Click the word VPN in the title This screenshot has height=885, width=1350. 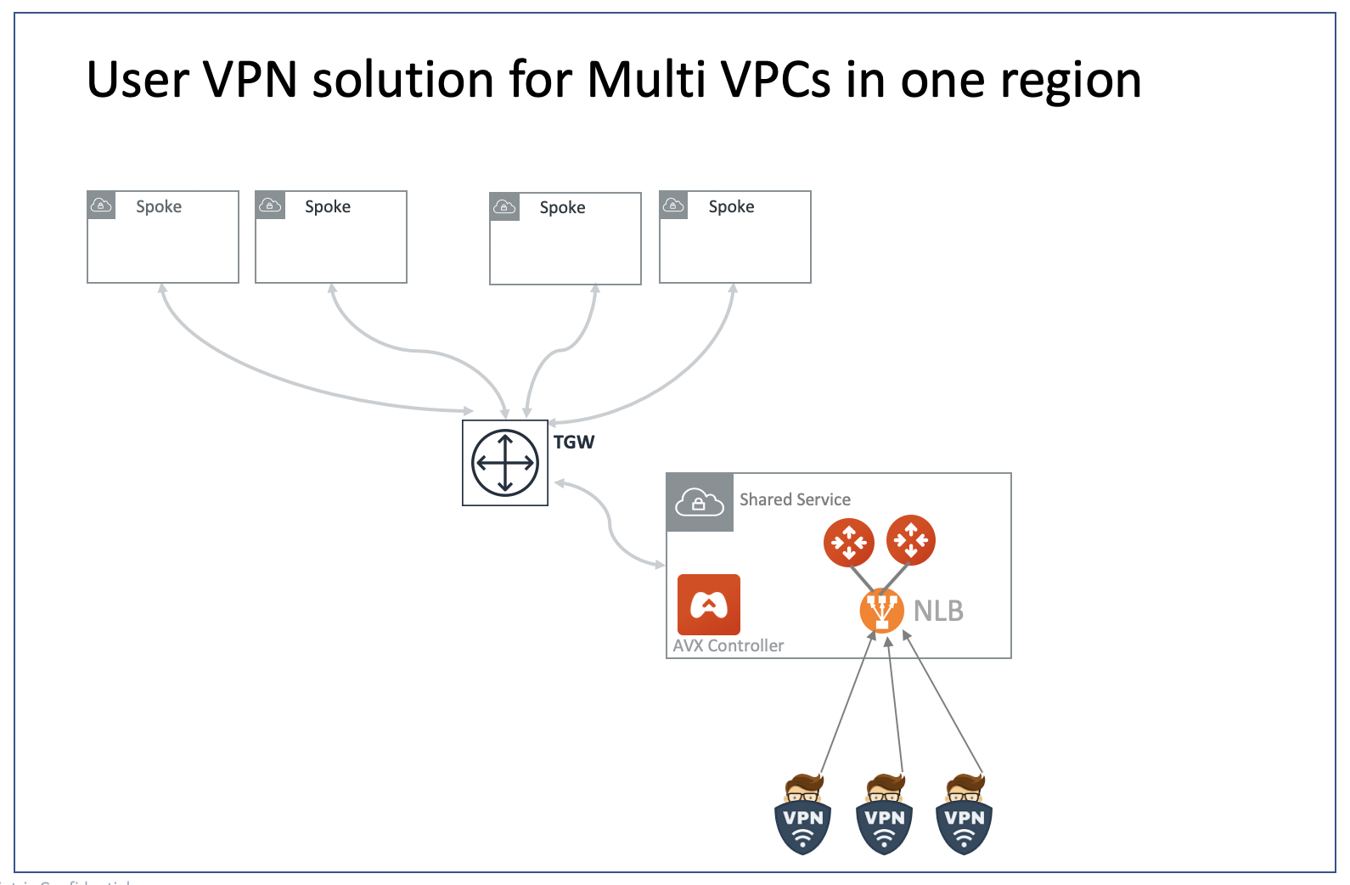click(x=250, y=80)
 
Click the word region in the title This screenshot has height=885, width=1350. click(x=1071, y=82)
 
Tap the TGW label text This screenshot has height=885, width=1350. click(x=574, y=442)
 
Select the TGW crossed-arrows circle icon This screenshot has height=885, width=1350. click(x=505, y=463)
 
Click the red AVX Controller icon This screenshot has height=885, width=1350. click(x=709, y=605)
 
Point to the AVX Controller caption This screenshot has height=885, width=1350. click(x=728, y=645)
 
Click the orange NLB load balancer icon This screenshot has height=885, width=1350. click(x=881, y=611)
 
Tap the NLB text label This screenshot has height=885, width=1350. click(x=938, y=611)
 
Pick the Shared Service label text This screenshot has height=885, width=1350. click(x=795, y=499)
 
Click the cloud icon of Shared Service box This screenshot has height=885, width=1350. click(x=700, y=503)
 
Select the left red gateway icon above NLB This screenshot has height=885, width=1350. click(x=848, y=542)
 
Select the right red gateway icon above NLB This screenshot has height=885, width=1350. click(x=911, y=539)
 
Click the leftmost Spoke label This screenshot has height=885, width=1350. click(x=159, y=206)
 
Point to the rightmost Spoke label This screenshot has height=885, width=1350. click(x=731, y=206)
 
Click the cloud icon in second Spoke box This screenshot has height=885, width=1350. click(x=270, y=206)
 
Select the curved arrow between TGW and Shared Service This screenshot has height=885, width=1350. click(x=610, y=522)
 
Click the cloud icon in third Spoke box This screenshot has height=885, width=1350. click(x=504, y=206)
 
